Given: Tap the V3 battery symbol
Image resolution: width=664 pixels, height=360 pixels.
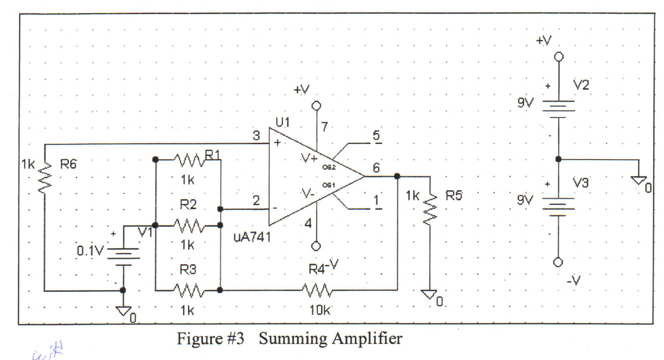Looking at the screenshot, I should pos(558,204).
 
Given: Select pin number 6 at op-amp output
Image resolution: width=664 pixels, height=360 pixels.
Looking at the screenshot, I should pos(377,167).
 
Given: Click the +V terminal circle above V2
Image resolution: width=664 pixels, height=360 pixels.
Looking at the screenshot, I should pos(558,57).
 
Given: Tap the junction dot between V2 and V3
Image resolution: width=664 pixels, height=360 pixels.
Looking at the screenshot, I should pos(558,158).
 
